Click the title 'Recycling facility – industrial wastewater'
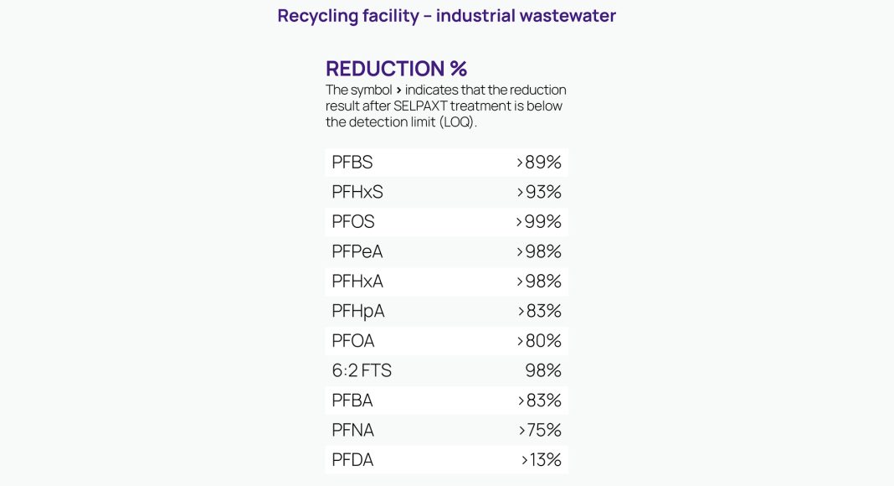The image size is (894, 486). [x=446, y=16]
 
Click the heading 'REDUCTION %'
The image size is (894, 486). [x=396, y=69]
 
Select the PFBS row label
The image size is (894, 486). [x=352, y=163]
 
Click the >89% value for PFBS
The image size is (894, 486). [x=539, y=163]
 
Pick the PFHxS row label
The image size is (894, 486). [x=357, y=192]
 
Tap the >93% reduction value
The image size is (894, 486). [x=539, y=192]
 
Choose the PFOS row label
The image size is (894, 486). [x=353, y=222]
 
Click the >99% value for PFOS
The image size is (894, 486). [x=539, y=222]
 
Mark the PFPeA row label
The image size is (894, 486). [x=357, y=251]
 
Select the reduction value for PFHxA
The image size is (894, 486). [x=539, y=282]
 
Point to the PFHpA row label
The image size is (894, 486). [x=358, y=311]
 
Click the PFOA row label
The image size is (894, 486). [x=353, y=341]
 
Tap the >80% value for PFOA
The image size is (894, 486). [x=539, y=341]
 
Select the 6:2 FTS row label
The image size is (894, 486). [x=362, y=370]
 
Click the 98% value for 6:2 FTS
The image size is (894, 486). [x=543, y=370]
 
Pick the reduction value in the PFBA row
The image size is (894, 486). [x=539, y=401]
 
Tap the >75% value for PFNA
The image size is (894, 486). [x=539, y=430]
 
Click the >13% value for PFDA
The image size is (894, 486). [x=541, y=460]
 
